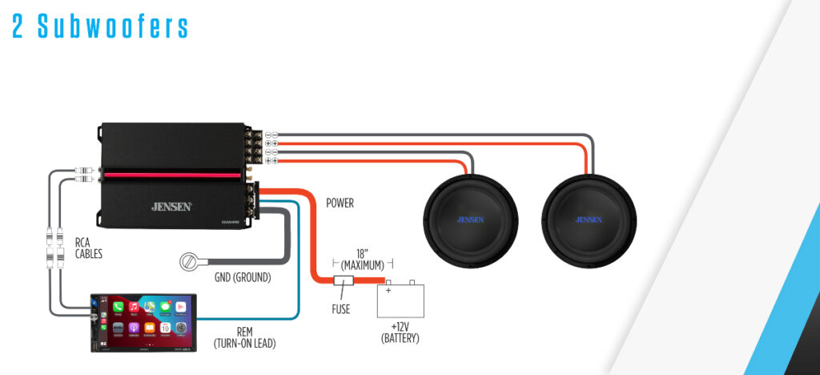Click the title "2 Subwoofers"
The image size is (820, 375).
click(100, 26)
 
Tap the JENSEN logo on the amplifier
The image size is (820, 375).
click(171, 207)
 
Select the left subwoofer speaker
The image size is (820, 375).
click(470, 219)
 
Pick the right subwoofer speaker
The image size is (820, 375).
click(589, 219)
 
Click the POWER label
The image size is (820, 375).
click(340, 204)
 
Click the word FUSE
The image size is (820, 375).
click(340, 309)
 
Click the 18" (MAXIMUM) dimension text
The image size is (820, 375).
click(363, 257)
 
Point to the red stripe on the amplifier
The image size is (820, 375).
click(171, 174)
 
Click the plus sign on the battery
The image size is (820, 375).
click(389, 290)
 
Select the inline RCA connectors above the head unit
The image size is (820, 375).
click(55, 248)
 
